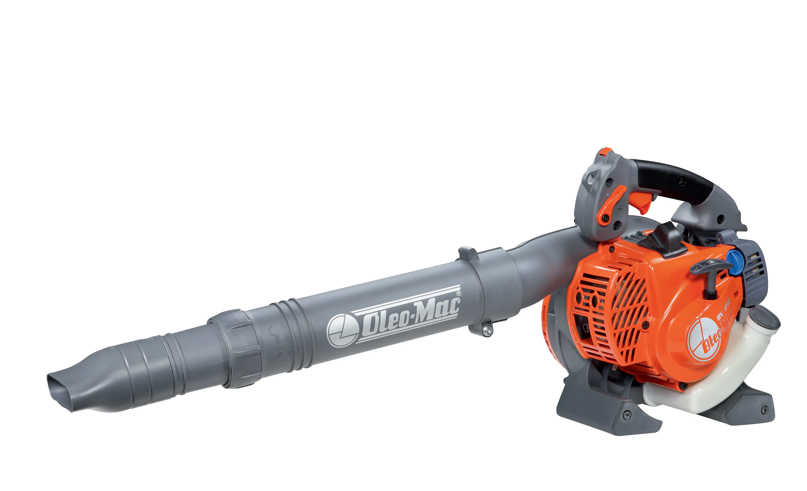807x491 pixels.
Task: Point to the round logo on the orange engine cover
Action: click(x=701, y=341)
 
